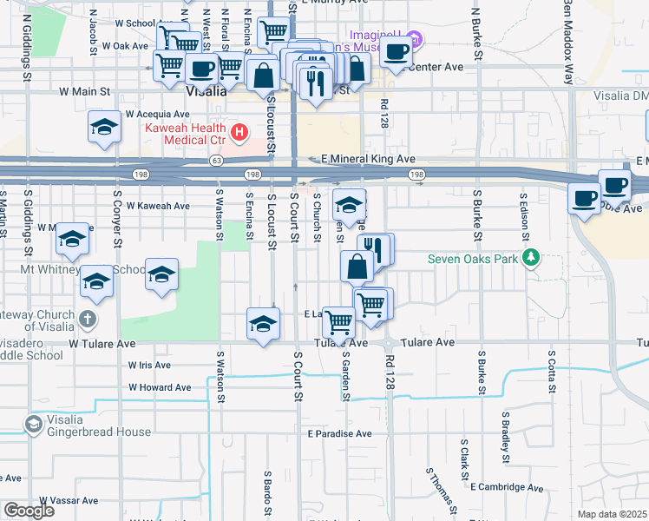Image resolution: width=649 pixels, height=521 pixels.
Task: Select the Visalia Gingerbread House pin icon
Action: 34,425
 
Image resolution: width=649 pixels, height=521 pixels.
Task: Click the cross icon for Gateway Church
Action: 86,318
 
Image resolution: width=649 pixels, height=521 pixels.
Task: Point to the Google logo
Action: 28,510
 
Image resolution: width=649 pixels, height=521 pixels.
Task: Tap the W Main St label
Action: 85,89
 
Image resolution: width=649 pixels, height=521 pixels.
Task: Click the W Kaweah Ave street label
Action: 157,206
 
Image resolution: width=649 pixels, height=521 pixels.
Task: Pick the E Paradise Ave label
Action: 338,433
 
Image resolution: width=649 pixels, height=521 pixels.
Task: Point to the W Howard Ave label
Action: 161,387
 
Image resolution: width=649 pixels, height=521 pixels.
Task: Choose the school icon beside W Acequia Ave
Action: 104,128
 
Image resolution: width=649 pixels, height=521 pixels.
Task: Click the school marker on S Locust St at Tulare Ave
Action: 264,323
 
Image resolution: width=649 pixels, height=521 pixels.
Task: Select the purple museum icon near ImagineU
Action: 415,39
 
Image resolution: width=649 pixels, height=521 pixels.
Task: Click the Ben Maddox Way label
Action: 567,35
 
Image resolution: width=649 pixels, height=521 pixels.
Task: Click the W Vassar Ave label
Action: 65,501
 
